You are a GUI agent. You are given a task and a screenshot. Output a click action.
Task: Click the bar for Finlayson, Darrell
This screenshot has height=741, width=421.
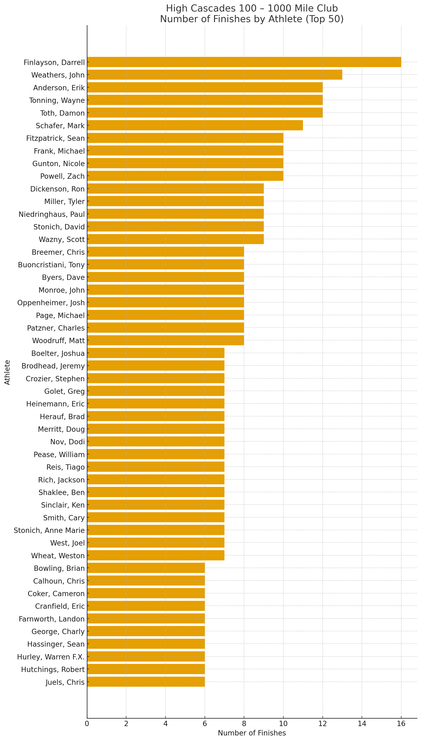pos(244,62)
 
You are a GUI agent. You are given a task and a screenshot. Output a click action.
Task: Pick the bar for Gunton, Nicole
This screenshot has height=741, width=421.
pos(185,163)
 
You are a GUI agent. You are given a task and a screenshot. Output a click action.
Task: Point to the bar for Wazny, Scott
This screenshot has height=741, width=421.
pos(175,239)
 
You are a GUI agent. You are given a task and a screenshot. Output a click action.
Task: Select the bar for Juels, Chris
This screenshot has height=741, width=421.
pos(146,682)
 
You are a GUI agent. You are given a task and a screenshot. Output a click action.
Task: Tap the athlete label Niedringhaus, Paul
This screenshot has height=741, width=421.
pos(51,214)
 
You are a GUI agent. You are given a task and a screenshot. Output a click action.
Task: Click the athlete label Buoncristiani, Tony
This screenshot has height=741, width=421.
pos(51,265)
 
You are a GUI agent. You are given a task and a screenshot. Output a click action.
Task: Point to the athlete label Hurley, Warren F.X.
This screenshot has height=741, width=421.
pos(51,657)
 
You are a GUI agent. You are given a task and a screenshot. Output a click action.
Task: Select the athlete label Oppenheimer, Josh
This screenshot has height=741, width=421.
pos(51,302)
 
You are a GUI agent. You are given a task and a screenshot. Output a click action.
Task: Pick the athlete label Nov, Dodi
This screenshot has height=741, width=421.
pos(67,442)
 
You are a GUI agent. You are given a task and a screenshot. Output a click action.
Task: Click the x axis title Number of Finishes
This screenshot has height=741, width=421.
pos(252,733)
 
